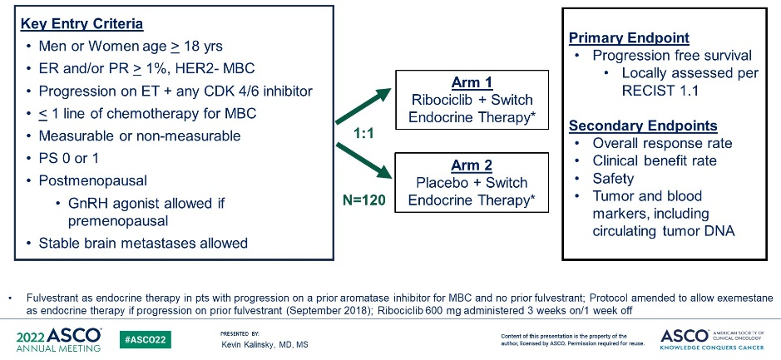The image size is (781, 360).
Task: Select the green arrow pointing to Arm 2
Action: pos(363,162)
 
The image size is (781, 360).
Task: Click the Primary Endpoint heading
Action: pos(630,38)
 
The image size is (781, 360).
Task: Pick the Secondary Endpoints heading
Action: pos(643,126)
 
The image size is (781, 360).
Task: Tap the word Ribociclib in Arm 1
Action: pos(437,100)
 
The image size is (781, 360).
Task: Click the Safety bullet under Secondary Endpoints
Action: pos(613,178)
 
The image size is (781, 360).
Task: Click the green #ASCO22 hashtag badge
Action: pos(146,340)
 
